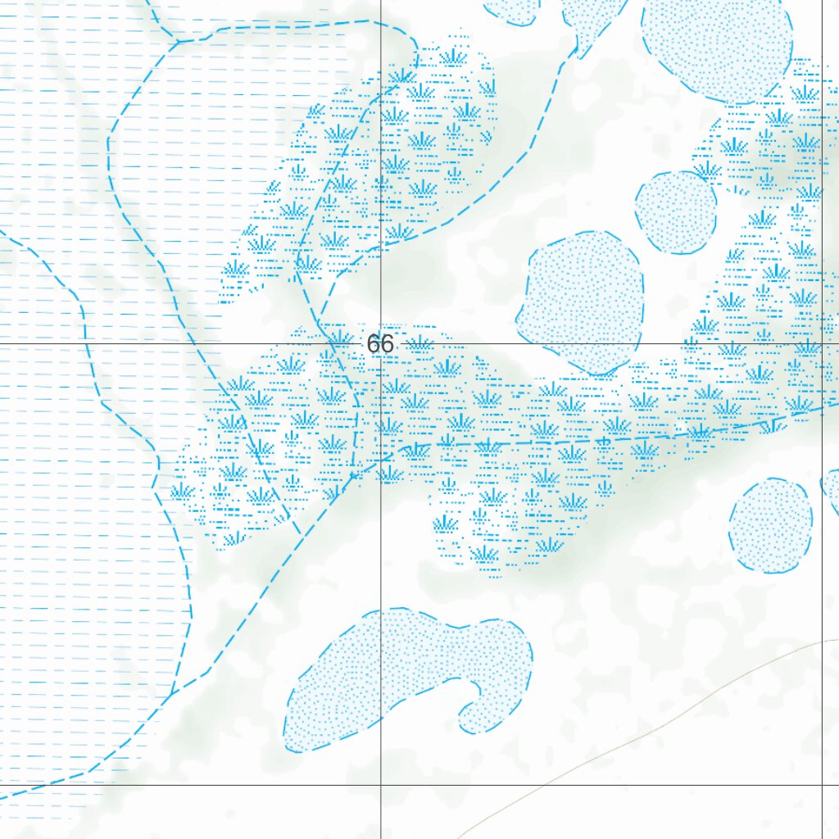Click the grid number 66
coord(380,344)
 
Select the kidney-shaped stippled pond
coord(385,672)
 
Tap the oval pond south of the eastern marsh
coord(770,525)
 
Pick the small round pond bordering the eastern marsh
coord(676,212)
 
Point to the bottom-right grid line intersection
coord(823,785)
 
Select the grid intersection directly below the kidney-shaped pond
coord(381,785)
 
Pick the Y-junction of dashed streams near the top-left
coord(178,40)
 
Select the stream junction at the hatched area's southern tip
coord(170,696)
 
